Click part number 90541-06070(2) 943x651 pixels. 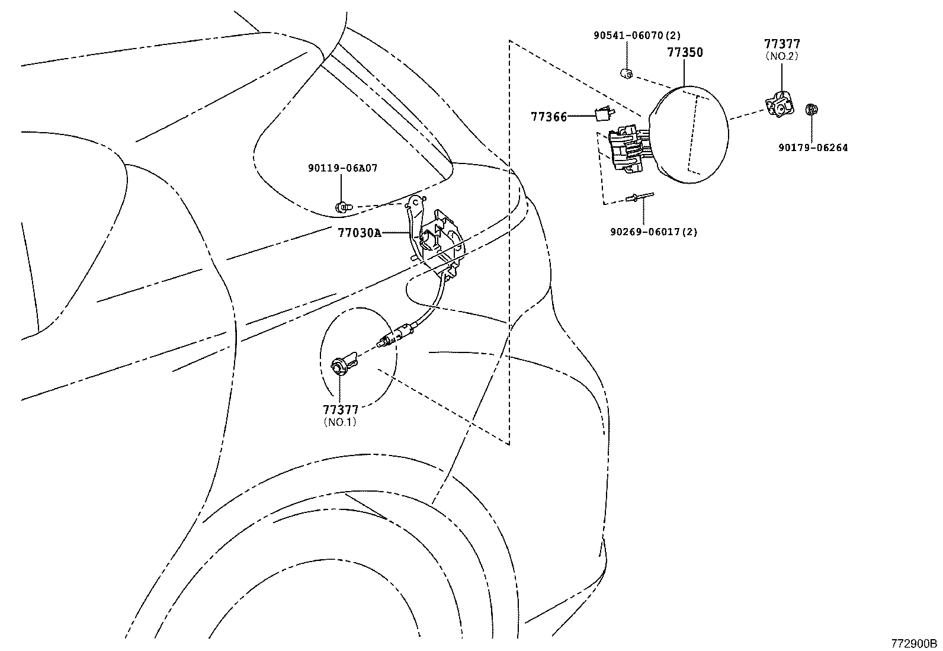tap(637, 36)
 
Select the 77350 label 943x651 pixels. tap(685, 52)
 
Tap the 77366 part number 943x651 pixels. tap(549, 117)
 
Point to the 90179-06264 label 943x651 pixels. tap(813, 147)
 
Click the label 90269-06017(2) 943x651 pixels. tap(653, 232)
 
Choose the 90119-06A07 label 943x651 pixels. tap(342, 168)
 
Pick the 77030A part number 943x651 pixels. tap(360, 233)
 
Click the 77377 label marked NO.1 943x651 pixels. tap(341, 410)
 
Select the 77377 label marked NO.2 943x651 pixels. tap(782, 44)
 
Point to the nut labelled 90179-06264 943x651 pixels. tap(812, 110)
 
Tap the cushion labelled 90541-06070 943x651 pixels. tap(626, 73)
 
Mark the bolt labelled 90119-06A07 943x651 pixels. tap(342, 207)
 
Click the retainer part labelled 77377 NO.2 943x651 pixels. tap(780, 105)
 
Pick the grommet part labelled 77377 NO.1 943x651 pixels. tap(342, 364)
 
